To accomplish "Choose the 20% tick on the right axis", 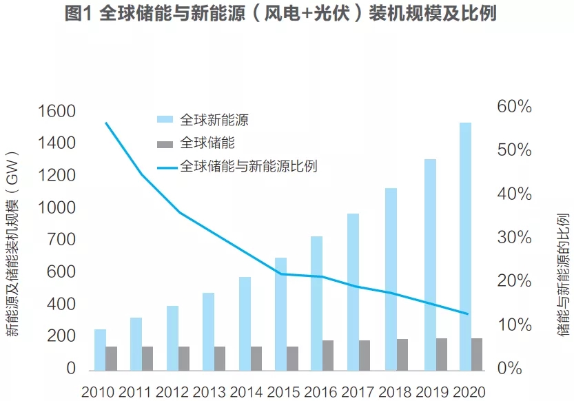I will [513, 281].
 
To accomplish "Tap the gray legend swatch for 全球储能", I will [165, 143].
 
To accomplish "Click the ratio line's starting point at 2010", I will [105, 123].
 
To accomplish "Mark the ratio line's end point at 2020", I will [469, 313].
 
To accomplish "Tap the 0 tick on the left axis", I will [70, 369].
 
